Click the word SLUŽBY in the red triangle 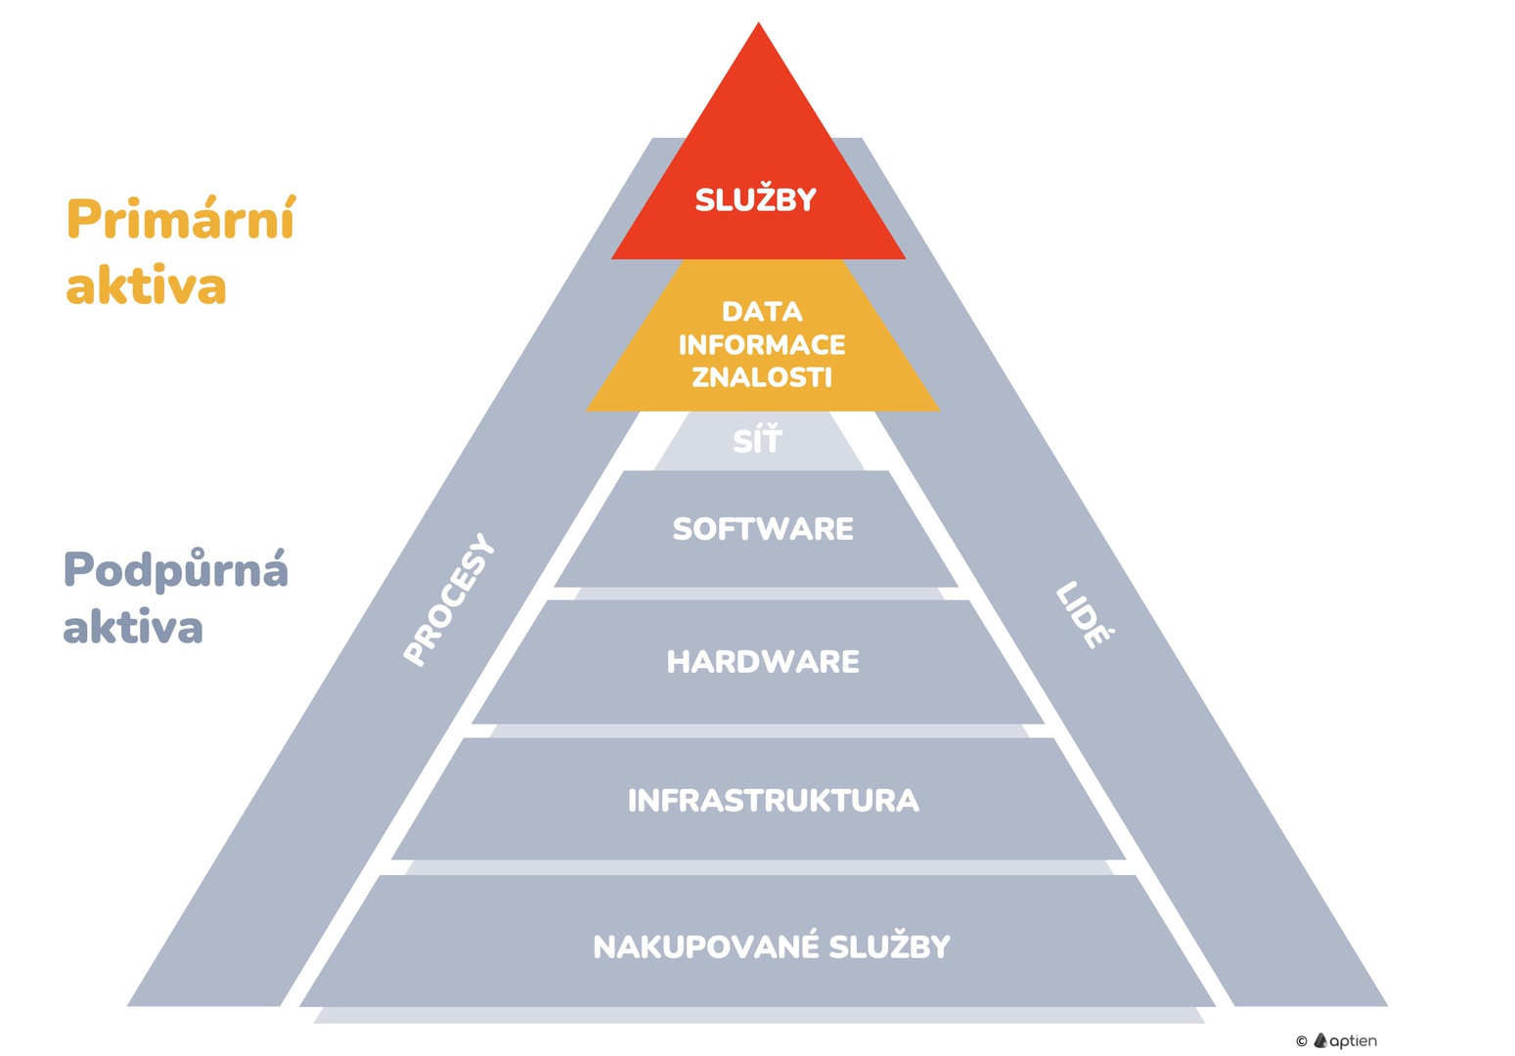756,199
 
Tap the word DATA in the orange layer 762,312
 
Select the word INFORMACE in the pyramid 762,344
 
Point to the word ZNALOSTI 762,376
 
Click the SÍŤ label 758,441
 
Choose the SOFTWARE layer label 763,529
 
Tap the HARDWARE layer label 763,662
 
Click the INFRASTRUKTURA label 773,801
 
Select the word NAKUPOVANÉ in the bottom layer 706,946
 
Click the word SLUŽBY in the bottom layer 890,946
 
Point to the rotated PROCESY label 449,600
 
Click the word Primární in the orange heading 181,219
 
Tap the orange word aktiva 147,286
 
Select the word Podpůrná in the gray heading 176,570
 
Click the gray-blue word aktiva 133,628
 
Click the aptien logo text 1354,1041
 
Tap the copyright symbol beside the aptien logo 1301,1041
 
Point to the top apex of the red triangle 758,23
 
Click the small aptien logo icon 1320,1040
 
